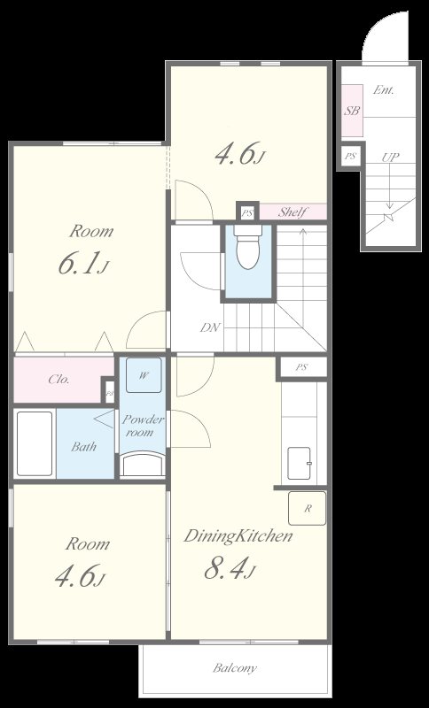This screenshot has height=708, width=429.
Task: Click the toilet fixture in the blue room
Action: [248, 247]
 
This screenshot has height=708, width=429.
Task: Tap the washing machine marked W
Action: [144, 375]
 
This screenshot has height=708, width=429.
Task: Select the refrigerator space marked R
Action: [308, 508]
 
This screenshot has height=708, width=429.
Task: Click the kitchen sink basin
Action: [299, 463]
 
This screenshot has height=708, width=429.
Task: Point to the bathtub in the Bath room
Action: [35, 443]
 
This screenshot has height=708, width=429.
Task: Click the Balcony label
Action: [235, 667]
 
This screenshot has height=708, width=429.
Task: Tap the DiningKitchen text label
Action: [238, 536]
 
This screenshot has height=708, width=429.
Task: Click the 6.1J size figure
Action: [83, 265]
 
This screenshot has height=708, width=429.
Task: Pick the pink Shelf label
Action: [292, 212]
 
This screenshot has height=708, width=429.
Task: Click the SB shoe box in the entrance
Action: [352, 110]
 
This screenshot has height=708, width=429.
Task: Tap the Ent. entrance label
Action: [383, 90]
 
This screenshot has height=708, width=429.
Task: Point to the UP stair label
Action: [390, 158]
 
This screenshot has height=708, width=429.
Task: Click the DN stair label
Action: [210, 327]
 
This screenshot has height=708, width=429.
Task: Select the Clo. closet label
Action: [59, 380]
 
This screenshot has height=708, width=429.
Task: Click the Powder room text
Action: [143, 426]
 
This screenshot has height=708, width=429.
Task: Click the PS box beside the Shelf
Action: [247, 212]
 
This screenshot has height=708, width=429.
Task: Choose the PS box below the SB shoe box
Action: [350, 157]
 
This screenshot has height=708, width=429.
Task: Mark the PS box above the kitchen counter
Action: [302, 367]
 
